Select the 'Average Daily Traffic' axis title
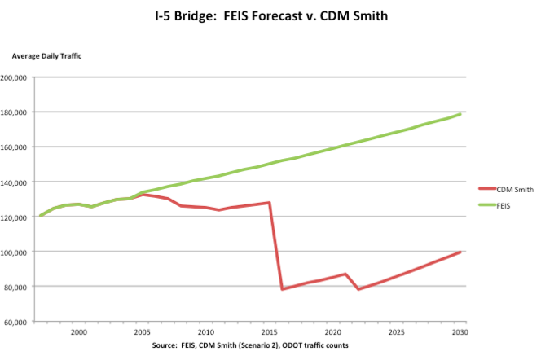click(46, 55)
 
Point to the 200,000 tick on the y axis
click(15, 77)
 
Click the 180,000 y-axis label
click(15, 112)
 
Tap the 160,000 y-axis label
click(15, 147)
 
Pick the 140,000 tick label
click(15, 182)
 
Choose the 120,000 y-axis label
click(15, 217)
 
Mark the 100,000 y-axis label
click(15, 252)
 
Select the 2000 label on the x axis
click(79, 333)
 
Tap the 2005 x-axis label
click(143, 333)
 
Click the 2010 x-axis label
click(206, 333)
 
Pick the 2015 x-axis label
click(270, 333)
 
